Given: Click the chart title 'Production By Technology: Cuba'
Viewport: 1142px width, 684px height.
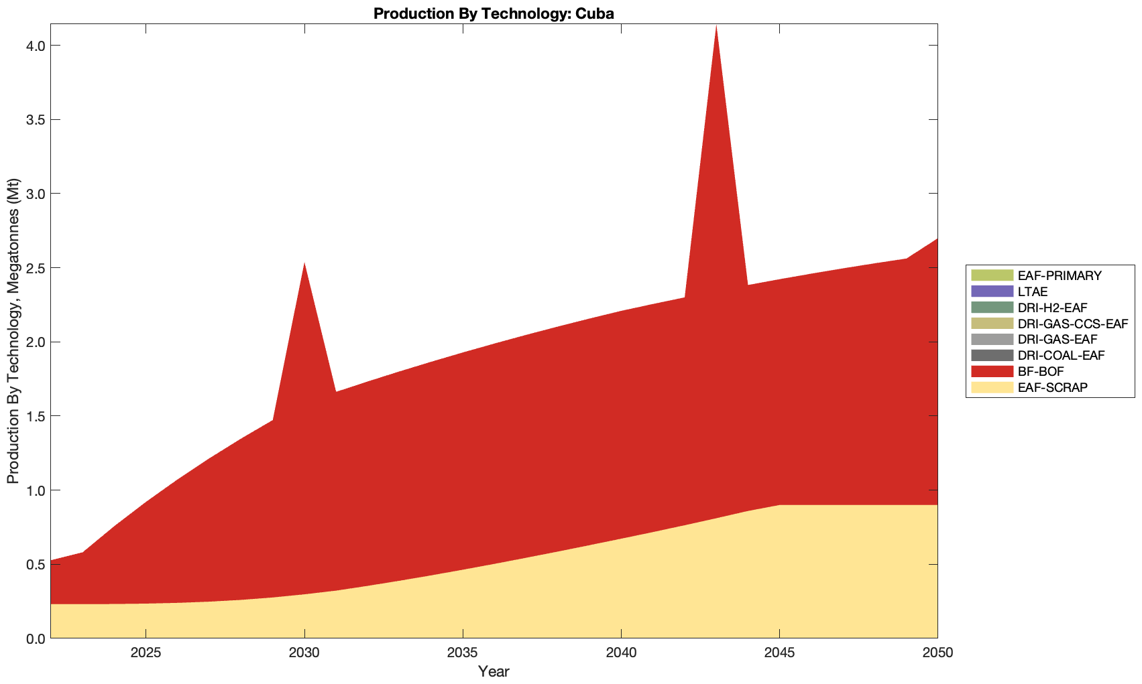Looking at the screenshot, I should [494, 13].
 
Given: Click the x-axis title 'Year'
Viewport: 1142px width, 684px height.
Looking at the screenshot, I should [494, 671].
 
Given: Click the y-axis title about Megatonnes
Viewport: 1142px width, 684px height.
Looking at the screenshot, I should [13, 331].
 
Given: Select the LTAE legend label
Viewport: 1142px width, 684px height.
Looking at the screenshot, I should [1032, 291].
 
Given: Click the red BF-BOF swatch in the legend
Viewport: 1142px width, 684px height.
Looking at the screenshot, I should [991, 371].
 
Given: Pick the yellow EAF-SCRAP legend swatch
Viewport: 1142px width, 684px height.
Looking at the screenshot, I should [991, 387].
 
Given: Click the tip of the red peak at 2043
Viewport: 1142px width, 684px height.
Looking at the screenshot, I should [716, 25].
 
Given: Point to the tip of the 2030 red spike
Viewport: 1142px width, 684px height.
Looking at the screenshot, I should [304, 263].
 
